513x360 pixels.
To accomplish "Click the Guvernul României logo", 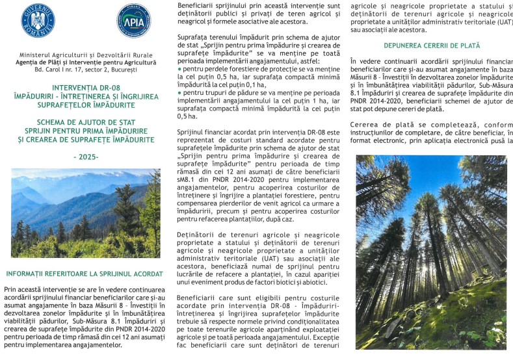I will [x=38, y=20].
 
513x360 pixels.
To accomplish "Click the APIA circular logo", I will [x=133, y=20].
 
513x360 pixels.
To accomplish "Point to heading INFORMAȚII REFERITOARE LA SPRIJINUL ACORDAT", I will [x=85, y=273].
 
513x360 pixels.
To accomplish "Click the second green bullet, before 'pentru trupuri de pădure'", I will [x=179, y=93].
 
